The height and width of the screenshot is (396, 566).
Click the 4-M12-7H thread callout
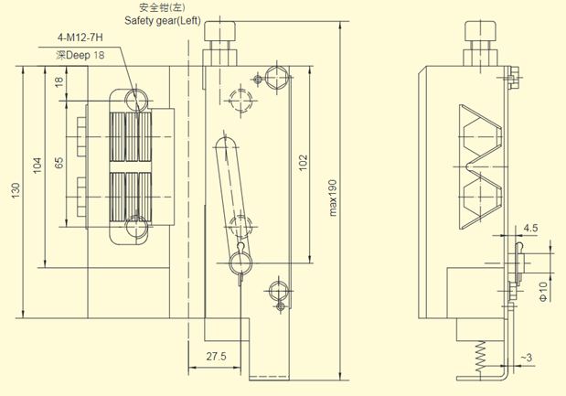(x=79, y=39)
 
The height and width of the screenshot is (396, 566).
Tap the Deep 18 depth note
(x=80, y=56)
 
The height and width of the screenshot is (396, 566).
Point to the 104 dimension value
(x=37, y=166)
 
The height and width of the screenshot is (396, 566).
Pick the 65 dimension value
(x=59, y=164)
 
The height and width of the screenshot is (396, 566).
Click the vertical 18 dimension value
(x=59, y=82)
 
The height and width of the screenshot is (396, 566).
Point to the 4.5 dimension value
(x=531, y=228)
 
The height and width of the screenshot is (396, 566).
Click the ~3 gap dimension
(x=528, y=355)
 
